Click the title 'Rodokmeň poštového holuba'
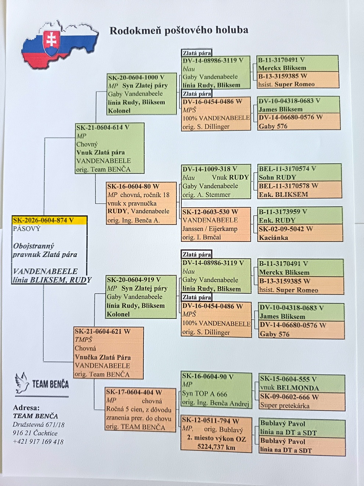coord(179,31)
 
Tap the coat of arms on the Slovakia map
coord(51,43)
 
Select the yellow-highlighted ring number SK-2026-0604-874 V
coord(43,220)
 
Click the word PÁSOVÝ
coord(26,229)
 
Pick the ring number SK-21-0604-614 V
coord(103,127)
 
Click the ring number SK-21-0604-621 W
coord(103,331)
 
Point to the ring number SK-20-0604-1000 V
coord(136,77)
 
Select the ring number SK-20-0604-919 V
coord(134,280)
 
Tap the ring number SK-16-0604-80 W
coord(133,186)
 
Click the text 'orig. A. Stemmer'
coord(206,195)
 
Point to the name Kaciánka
coord(274,237)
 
